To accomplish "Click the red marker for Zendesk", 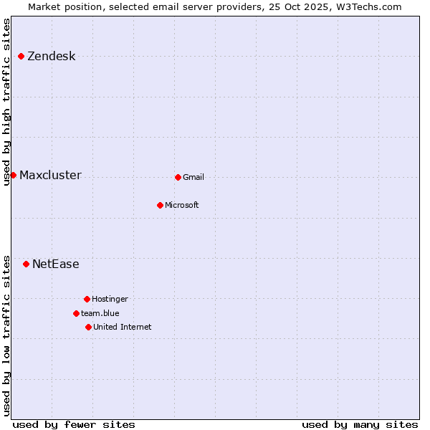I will pyautogui.click(x=21, y=56).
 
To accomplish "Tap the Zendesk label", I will pyautogui.click(x=51, y=57).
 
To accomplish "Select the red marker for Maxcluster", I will pyautogui.click(x=13, y=175).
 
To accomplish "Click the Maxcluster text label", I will pyautogui.click(x=50, y=176).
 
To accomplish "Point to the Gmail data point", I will pyautogui.click(x=178, y=177).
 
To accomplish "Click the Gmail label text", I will pyautogui.click(x=193, y=178).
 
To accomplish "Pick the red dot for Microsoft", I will pyautogui.click(x=160, y=205).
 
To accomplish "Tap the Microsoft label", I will pyautogui.click(x=181, y=206).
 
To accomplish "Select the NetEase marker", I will pyautogui.click(x=26, y=264).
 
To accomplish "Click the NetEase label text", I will pyautogui.click(x=55, y=264).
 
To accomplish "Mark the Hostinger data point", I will pyautogui.click(x=87, y=299).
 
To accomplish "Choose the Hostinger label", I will pyautogui.click(x=110, y=300).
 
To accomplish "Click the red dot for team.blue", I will pyautogui.click(x=76, y=313).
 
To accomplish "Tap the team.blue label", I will pyautogui.click(x=100, y=313).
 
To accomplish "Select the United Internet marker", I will pyautogui.click(x=88, y=327).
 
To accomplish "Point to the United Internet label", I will pyautogui.click(x=122, y=328).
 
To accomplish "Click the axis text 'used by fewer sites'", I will pyautogui.click(x=74, y=424).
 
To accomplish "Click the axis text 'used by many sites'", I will pyautogui.click(x=360, y=424).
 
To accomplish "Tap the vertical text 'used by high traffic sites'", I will pyautogui.click(x=6, y=102).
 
